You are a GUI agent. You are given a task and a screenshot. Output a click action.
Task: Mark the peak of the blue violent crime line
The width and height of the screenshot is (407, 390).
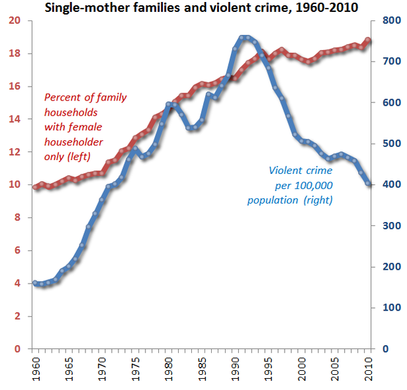tap(244, 38)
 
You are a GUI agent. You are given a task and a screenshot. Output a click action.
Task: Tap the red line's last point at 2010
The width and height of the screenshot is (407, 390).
tap(369, 40)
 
